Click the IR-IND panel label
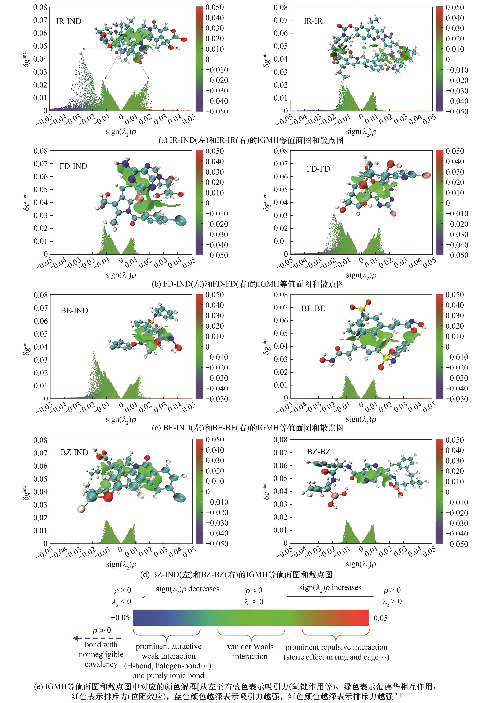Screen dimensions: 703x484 [69, 21]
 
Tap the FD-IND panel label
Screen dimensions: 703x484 [73, 166]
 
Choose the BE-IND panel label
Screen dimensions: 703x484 [74, 310]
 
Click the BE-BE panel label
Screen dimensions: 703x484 [313, 308]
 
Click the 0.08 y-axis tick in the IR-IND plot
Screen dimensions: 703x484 [40, 7]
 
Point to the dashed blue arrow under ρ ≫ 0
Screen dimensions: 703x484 [97, 638]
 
